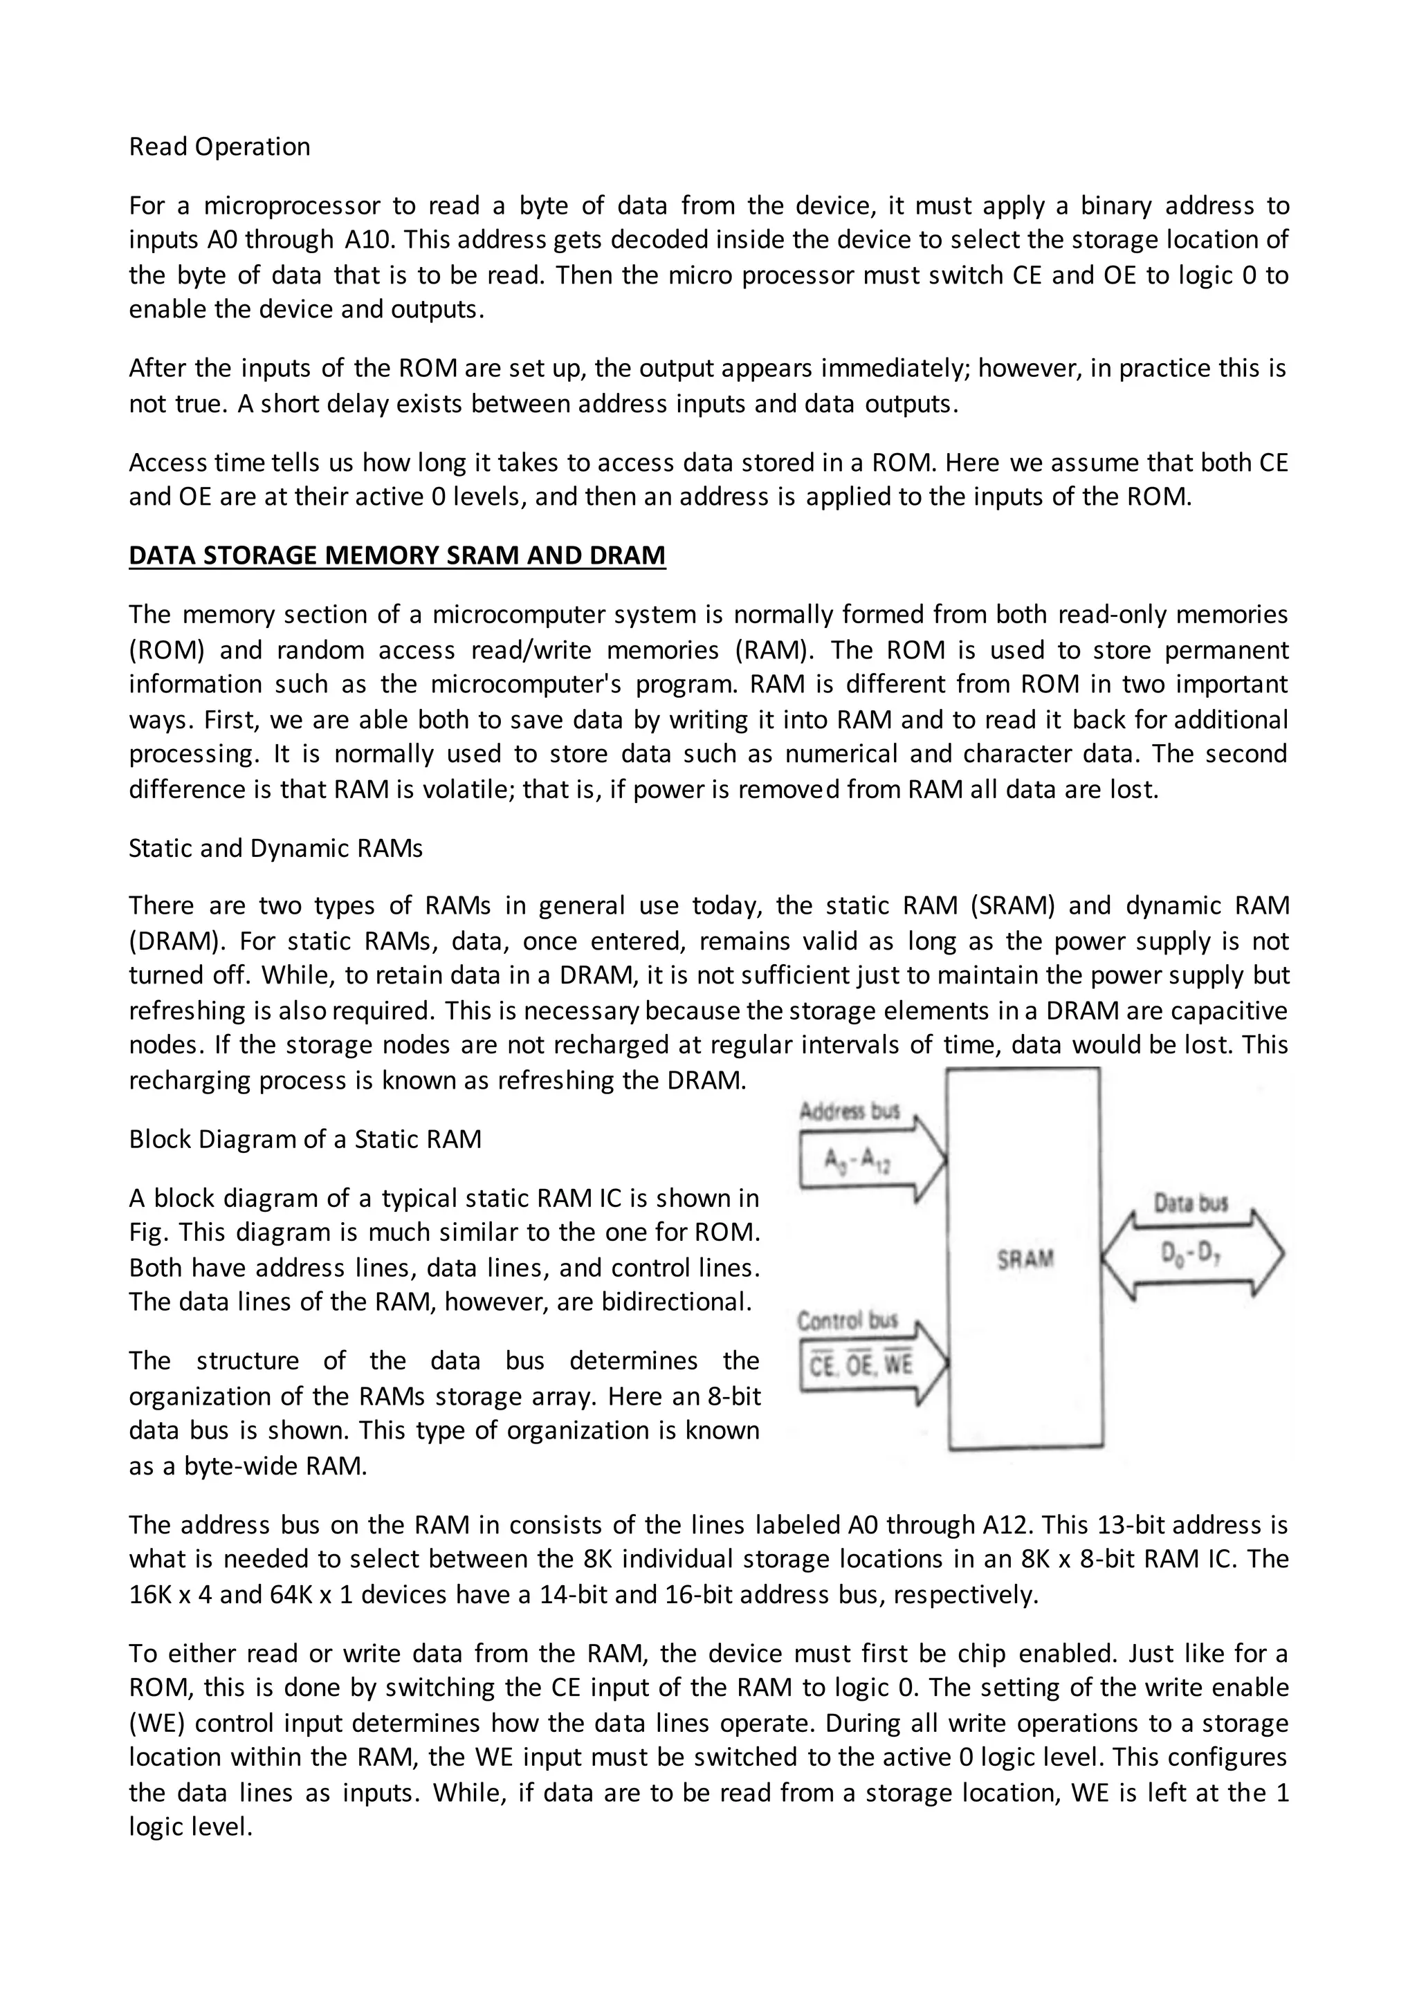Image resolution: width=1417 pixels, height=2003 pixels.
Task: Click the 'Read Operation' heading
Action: [x=219, y=147]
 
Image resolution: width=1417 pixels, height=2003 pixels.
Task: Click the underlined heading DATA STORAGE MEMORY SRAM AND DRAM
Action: [x=397, y=555]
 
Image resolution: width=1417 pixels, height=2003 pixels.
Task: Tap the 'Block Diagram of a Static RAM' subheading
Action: [x=304, y=1139]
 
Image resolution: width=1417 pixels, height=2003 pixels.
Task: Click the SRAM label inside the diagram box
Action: [x=1025, y=1259]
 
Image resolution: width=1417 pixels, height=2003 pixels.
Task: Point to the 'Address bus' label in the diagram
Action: [x=849, y=1111]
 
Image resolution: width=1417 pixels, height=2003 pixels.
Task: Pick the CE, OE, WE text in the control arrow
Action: [x=859, y=1365]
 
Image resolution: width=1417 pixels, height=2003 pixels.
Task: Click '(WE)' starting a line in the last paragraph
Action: [x=156, y=1724]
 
